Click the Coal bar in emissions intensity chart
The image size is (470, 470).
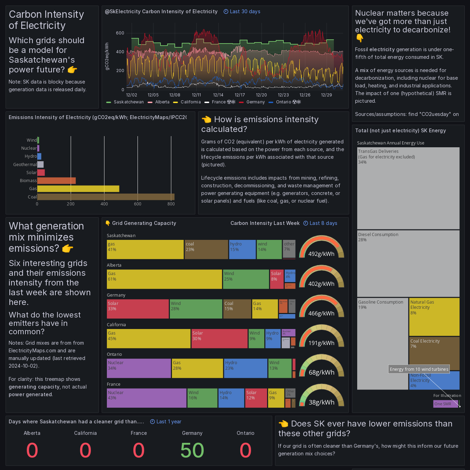[105, 197]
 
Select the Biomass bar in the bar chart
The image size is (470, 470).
[56, 181]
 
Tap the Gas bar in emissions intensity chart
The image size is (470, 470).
[78, 189]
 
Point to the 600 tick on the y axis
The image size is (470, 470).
[120, 33]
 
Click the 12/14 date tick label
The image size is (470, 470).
[218, 95]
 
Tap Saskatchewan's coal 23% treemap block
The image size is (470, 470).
[206, 249]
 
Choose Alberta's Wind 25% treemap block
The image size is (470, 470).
[246, 279]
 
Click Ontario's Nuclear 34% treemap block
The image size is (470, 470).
[139, 368]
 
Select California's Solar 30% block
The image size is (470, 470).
[219, 339]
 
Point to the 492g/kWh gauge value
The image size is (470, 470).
[321, 254]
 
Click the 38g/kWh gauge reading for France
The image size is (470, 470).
[321, 402]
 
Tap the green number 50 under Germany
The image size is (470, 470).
[192, 450]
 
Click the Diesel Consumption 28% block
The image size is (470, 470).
[408, 263]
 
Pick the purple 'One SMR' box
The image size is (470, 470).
[446, 404]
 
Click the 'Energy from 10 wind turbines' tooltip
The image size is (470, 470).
[419, 369]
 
